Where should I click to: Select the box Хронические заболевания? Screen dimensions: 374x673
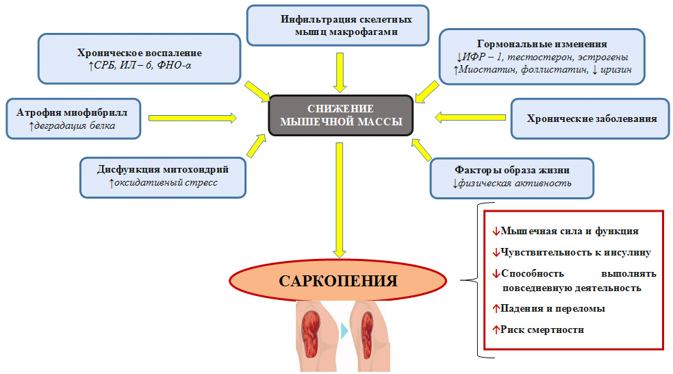coord(592,119)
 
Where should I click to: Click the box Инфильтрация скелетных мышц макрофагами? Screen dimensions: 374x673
coord(339,25)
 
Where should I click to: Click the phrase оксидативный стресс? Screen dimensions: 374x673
coord(168,183)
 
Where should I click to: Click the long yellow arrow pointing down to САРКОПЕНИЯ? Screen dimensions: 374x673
coord(338,199)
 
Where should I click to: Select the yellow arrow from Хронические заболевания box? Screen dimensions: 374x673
coord(467,119)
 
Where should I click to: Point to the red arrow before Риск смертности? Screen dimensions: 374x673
coord(496,329)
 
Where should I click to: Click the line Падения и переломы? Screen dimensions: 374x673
coord(553,309)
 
